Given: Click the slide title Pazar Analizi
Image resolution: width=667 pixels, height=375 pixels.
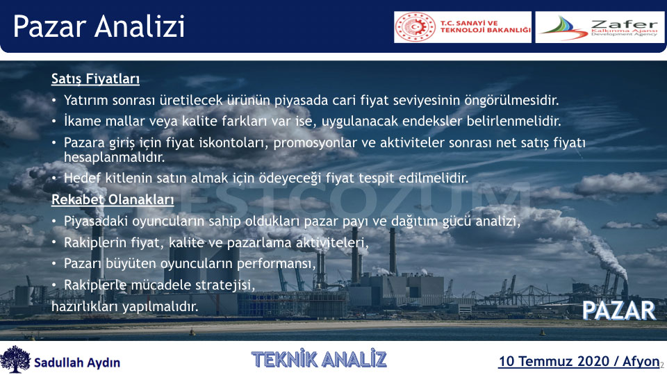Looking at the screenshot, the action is coord(99,26).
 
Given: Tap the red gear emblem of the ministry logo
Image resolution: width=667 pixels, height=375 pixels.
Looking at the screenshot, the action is coord(415,27).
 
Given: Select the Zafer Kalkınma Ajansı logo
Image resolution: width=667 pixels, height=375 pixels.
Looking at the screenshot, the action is coord(600,27).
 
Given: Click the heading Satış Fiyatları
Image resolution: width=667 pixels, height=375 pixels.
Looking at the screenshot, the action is coord(95,79).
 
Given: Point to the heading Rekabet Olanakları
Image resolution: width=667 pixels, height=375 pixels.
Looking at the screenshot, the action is coord(113,199).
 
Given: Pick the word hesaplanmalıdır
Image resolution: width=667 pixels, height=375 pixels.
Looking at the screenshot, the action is coord(115,158).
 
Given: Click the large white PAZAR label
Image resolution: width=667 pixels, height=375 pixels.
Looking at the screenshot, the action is coord(619,310).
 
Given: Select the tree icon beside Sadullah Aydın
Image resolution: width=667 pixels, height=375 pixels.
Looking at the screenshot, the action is coord(15,359).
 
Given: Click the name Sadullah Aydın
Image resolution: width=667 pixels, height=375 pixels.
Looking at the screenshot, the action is coord(77,362).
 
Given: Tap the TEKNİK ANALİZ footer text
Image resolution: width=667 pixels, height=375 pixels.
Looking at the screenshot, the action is coord(319,359).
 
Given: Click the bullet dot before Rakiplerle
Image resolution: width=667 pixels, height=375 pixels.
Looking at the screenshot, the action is coord(54,285).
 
